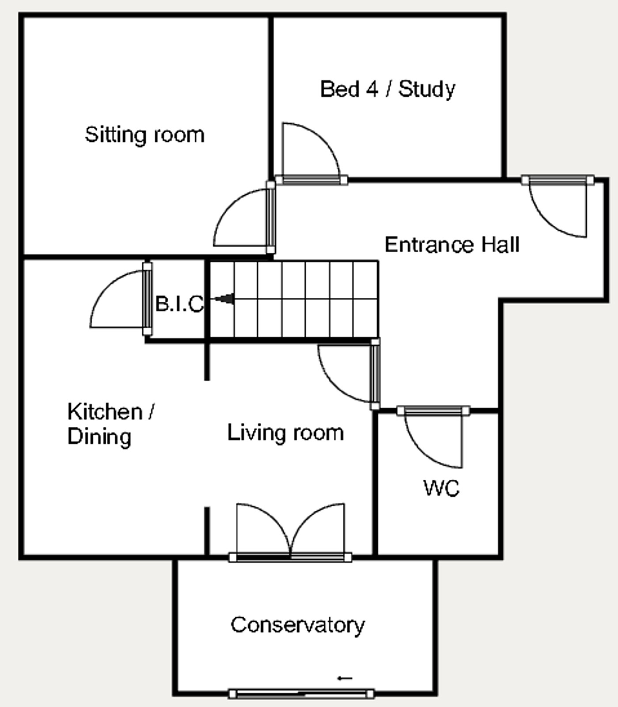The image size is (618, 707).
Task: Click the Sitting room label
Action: click(144, 135)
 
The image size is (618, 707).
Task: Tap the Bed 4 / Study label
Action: click(387, 89)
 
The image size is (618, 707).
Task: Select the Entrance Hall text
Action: click(452, 244)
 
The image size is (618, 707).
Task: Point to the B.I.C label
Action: click(179, 304)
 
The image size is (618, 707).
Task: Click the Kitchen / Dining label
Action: click(111, 424)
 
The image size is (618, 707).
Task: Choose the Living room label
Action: click(285, 432)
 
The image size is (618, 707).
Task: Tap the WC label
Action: click(441, 488)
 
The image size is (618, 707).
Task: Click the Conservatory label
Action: click(298, 625)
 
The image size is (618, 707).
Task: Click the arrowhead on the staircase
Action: click(226, 299)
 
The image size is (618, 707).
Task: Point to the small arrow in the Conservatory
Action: click(345, 678)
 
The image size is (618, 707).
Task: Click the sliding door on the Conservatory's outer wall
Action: click(301, 694)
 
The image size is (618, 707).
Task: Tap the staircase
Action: click(294, 299)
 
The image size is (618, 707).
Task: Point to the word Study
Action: click(427, 89)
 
